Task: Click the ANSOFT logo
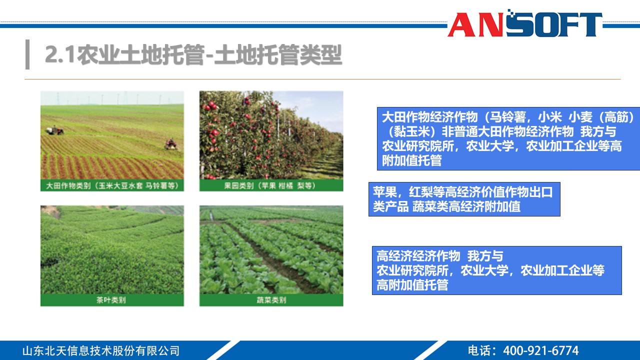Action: [x=524, y=24]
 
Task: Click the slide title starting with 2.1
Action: [x=193, y=55]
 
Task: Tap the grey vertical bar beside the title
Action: [x=27, y=54]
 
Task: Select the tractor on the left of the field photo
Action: [x=55, y=130]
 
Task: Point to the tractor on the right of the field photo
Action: [x=171, y=144]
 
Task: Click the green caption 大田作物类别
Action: [x=112, y=185]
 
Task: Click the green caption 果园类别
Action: [x=271, y=185]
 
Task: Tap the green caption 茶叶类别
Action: [x=112, y=300]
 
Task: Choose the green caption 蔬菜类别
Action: [x=271, y=300]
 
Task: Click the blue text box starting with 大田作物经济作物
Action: [x=508, y=139]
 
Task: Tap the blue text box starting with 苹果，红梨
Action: [x=464, y=199]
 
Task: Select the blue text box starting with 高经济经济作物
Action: [x=496, y=270]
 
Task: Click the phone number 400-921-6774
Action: [x=540, y=350]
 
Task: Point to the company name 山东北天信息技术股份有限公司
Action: [x=101, y=350]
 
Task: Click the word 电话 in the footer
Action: [x=479, y=350]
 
